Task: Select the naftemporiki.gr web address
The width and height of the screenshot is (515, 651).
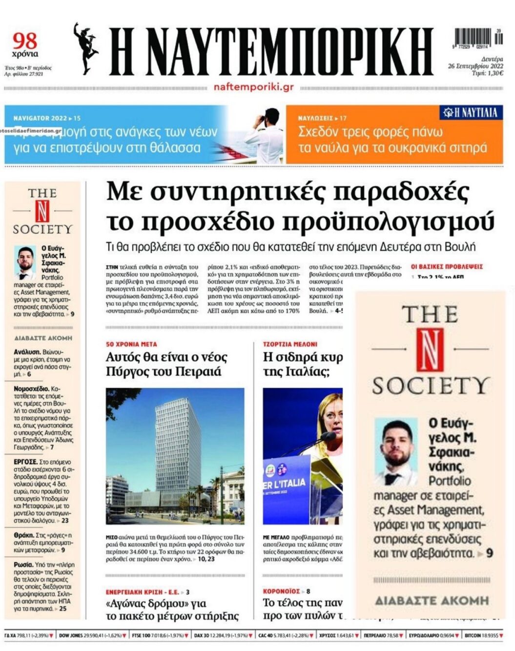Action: pos(253,87)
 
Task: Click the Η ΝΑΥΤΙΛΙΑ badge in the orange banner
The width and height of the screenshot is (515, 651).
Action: pos(470,113)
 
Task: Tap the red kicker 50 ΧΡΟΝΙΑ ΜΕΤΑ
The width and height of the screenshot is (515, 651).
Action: pos(131,344)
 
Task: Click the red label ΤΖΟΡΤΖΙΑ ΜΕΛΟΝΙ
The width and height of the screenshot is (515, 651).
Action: pos(290,344)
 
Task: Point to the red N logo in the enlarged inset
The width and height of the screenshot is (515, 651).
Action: pos(430,349)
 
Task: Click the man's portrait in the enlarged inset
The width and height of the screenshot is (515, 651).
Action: pos(396,450)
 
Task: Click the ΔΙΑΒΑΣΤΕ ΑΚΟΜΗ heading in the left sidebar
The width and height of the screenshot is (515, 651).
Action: pos(43,338)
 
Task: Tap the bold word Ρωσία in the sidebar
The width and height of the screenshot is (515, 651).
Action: pos(23,565)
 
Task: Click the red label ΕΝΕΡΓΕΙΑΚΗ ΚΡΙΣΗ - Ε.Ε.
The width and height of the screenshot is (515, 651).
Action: pos(142,592)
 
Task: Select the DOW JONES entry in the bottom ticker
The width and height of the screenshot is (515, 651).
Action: pos(70,636)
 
